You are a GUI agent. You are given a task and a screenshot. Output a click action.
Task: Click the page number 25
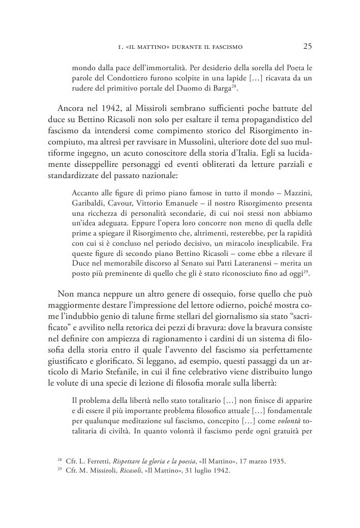pyautogui.click(x=307, y=47)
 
